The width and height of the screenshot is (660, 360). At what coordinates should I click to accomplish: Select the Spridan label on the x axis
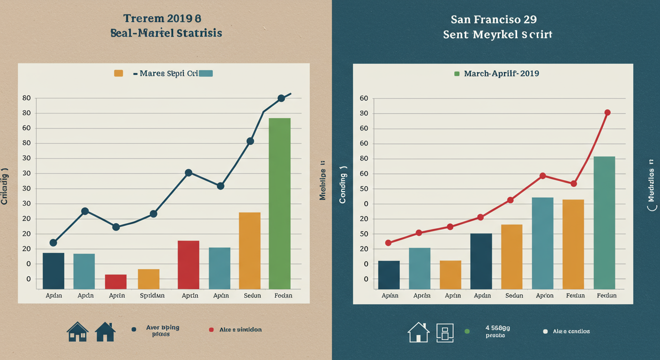pos(152,296)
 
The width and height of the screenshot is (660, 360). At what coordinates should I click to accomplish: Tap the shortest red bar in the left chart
pos(116,281)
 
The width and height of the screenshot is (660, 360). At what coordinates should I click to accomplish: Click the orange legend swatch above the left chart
pos(119,73)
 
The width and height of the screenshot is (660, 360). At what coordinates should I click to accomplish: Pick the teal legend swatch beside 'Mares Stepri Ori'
pos(206,73)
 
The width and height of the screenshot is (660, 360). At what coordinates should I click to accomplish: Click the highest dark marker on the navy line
pos(281,98)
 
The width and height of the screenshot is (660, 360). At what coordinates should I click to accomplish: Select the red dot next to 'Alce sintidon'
pos(211,330)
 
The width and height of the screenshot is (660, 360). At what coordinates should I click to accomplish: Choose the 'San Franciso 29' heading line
pos(494,20)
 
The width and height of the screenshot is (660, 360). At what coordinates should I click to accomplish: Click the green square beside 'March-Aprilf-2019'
pos(457,74)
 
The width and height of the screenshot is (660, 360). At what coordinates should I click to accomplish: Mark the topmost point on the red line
pos(607,112)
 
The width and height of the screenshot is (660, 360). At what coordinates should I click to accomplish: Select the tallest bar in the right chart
pos(604,223)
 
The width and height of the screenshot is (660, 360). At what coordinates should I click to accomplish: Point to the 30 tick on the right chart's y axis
pos(364,113)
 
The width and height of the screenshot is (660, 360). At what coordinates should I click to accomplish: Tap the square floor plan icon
pos(445,332)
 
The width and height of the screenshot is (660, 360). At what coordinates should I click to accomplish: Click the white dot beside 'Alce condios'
pos(545,331)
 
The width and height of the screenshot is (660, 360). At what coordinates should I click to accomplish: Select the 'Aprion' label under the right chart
pos(544,296)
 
